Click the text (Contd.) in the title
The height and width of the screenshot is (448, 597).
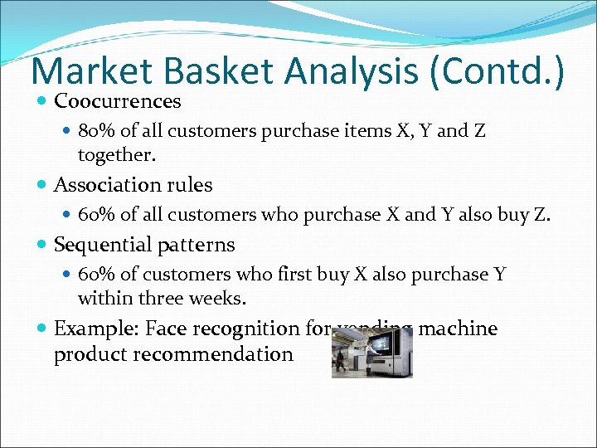(x=495, y=72)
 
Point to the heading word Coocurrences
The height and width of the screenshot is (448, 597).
(x=117, y=101)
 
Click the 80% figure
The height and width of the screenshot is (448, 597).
(x=97, y=132)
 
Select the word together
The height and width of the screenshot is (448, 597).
(x=116, y=155)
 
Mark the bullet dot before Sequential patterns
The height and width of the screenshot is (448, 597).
(x=42, y=246)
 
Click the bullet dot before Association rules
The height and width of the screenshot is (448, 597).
(x=42, y=186)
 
